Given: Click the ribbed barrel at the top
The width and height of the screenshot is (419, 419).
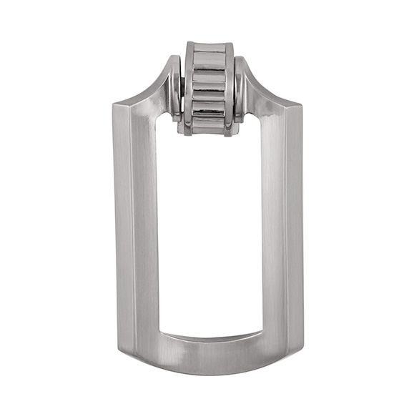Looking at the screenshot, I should (209, 89).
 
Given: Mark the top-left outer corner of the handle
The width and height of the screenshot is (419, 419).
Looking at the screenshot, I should (114, 104).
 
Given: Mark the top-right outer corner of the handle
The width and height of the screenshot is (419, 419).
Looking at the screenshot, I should (303, 104).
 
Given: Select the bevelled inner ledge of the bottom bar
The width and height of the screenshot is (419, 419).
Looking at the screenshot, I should (209, 337).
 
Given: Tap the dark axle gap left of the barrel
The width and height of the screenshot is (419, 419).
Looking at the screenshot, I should (184, 89).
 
